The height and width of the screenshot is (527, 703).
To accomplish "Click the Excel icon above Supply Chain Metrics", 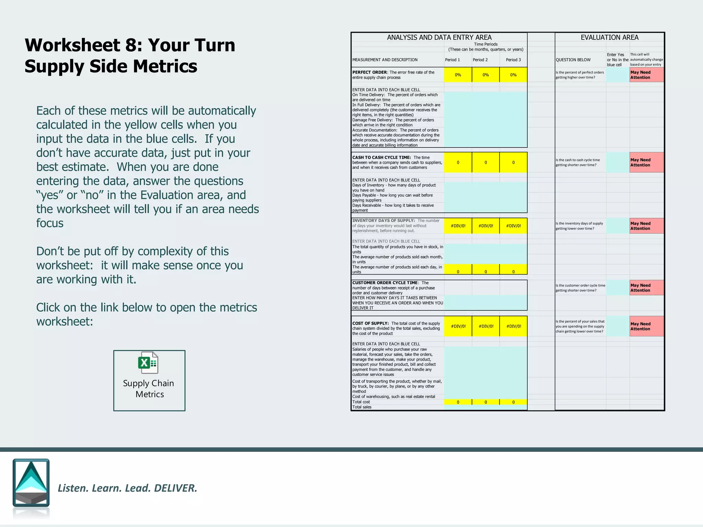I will tap(148, 363).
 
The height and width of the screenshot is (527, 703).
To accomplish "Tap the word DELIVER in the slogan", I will tap(175, 488).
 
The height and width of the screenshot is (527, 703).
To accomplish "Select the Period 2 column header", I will tap(480, 60).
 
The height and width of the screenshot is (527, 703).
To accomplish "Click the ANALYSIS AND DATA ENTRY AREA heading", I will tap(439, 37).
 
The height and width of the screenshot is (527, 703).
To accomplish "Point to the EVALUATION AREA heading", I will tap(609, 37).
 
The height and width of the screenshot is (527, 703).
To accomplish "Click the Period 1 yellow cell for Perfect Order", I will tap(458, 75).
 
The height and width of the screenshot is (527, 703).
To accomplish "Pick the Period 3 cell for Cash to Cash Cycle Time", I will tap(513, 162).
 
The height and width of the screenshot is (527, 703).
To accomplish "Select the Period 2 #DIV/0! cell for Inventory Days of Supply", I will tap(485, 226).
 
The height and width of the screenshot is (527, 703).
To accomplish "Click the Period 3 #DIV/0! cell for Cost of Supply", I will tap(513, 326).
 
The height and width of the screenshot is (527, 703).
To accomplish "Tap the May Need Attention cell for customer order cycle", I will tap(646, 288).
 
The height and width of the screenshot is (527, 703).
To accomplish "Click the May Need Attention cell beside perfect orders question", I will tap(646, 75).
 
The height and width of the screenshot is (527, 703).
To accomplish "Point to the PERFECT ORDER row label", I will tap(369, 72).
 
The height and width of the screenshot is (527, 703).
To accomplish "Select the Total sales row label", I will tap(362, 407).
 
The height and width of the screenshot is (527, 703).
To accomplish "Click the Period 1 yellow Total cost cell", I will tap(458, 402).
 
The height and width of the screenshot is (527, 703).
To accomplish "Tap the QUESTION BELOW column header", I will tap(573, 60).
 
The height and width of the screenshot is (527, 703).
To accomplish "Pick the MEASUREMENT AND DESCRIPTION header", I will tap(385, 60).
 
